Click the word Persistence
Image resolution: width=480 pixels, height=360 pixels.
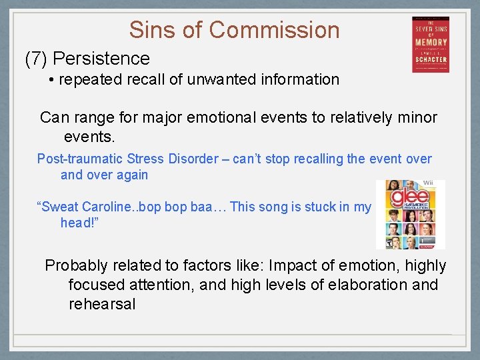click(x=106, y=59)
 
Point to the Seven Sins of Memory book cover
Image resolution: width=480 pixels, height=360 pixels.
click(x=430, y=44)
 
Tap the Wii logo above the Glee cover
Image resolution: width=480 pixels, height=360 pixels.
click(x=428, y=183)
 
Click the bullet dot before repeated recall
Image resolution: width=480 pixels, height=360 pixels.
click(x=51, y=80)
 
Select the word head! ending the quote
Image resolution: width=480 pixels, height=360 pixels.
click(x=79, y=223)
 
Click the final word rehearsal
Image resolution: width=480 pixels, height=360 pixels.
click(x=102, y=304)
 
